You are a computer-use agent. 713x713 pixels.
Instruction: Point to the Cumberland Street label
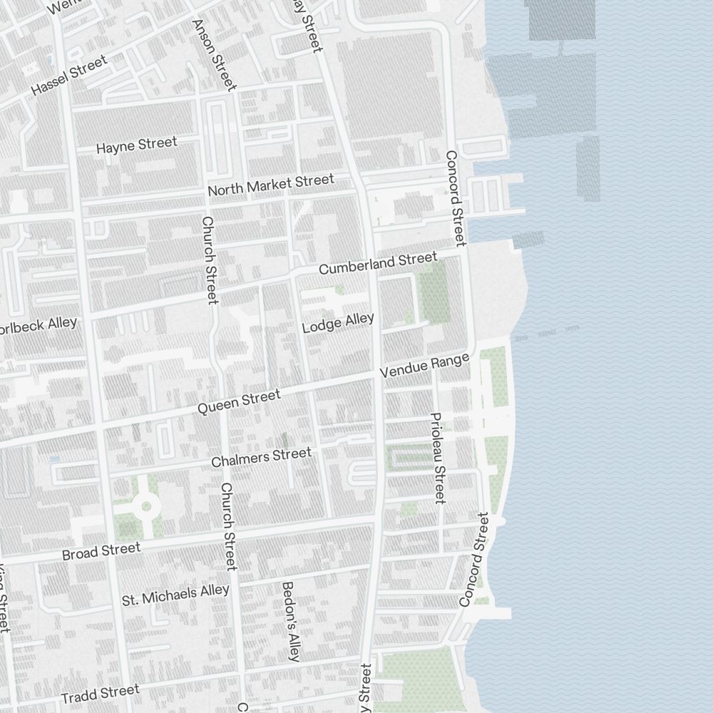click(377, 263)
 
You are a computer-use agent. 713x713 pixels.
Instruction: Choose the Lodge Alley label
click(337, 323)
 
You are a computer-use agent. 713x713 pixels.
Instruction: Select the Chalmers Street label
click(261, 457)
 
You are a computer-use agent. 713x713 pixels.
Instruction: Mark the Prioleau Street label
click(438, 458)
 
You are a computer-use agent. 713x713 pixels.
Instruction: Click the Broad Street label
click(101, 551)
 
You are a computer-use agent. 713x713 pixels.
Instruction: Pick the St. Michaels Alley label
click(175, 594)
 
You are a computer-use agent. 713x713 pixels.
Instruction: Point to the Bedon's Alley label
click(291, 621)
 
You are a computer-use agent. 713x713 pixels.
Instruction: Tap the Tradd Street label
click(100, 693)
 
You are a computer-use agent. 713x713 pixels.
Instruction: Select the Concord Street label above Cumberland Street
click(455, 198)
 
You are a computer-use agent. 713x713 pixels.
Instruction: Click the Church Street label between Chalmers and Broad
click(228, 526)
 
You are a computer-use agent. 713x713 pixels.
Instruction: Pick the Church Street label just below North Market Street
click(209, 260)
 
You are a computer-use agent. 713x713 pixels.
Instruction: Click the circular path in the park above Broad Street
click(146, 506)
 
